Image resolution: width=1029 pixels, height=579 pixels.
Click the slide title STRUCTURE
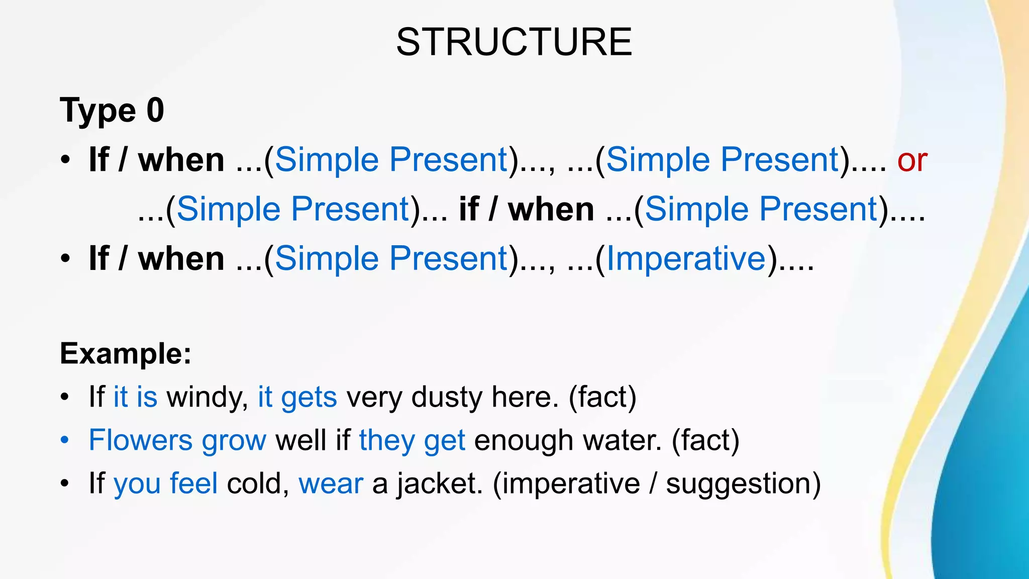point(513,42)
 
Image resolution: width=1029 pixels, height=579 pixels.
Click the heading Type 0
point(112,111)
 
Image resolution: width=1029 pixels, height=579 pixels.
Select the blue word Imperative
point(686,259)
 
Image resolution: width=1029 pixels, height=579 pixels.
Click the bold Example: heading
point(126,353)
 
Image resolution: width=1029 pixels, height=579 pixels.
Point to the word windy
point(207,397)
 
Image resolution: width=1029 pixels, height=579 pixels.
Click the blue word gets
point(308,398)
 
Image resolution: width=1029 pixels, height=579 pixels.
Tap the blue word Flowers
point(140,440)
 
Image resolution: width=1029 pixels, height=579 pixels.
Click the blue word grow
point(234,441)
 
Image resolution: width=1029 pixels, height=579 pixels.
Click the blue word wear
point(331,484)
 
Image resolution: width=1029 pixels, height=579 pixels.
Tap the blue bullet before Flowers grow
point(64,441)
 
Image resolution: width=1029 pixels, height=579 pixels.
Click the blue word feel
point(193,484)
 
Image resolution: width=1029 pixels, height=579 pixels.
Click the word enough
point(524,441)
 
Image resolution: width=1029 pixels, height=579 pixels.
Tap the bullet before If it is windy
point(64,398)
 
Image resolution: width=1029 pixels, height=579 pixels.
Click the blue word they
point(386,441)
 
